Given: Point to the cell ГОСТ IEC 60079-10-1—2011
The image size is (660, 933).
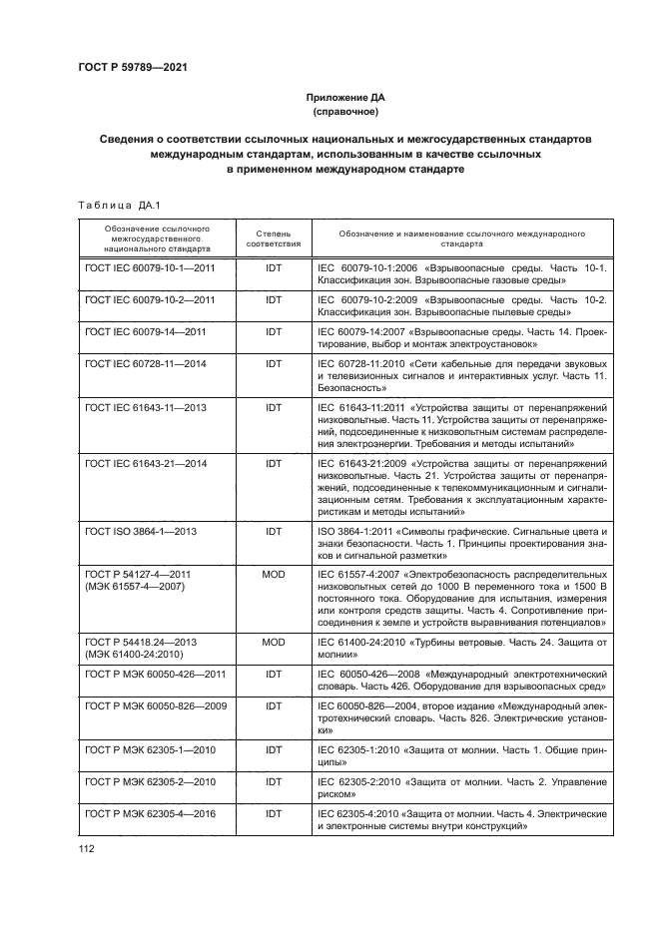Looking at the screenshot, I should click(151, 269).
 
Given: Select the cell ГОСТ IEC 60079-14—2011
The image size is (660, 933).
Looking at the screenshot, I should click(146, 331).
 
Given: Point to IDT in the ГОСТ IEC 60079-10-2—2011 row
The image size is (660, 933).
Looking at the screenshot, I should click(273, 299).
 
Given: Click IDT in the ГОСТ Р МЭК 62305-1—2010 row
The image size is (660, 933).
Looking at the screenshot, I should click(273, 747).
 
